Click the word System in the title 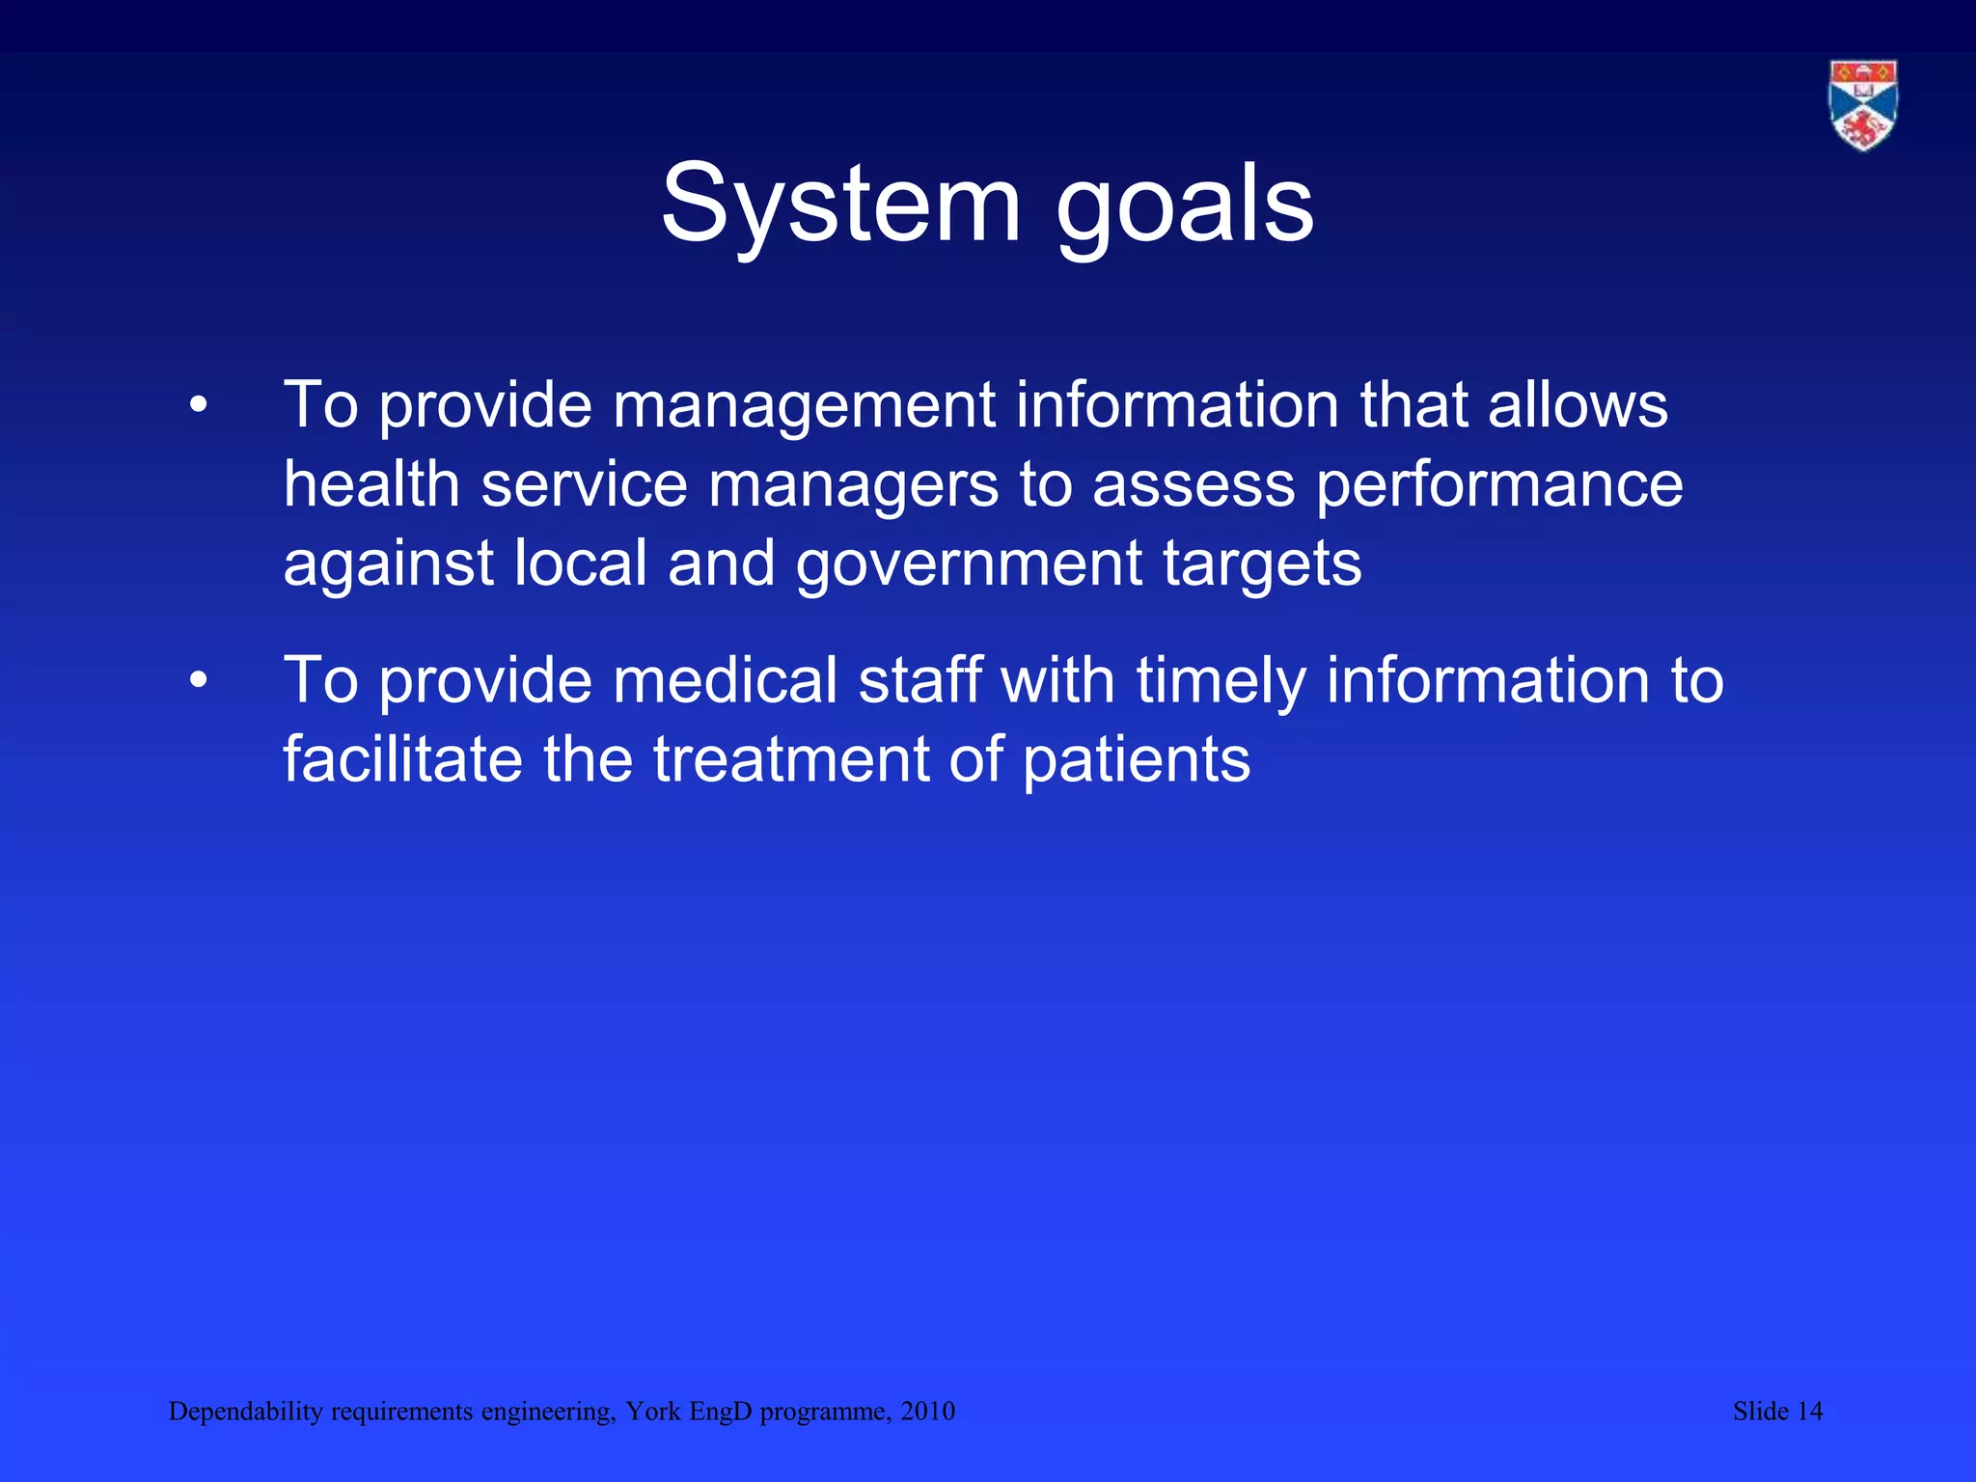[x=840, y=205]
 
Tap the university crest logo [x=1863, y=105]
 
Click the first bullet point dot [x=198, y=406]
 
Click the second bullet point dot [x=198, y=681]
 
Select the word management [x=803, y=405]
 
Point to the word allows [x=1578, y=405]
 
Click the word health [x=371, y=484]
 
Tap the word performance [x=1499, y=484]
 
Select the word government [x=969, y=563]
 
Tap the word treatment [x=790, y=759]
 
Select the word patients [x=1136, y=759]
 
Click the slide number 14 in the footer [x=1809, y=1412]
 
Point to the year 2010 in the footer [x=927, y=1412]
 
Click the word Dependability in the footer [x=245, y=1412]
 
